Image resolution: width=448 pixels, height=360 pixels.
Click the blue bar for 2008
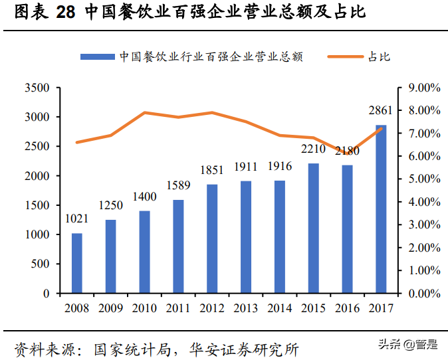click(77, 263)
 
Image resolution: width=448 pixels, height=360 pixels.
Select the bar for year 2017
click(381, 209)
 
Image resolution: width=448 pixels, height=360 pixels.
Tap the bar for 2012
click(212, 238)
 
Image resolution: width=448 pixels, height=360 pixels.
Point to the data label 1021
click(77, 219)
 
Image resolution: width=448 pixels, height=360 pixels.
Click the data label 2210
click(313, 149)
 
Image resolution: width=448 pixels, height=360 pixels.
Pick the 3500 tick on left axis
click(37, 88)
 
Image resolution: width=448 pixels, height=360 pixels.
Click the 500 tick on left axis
click(42, 264)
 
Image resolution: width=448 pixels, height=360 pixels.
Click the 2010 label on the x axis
click(144, 308)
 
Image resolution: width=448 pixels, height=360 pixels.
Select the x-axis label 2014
click(279, 308)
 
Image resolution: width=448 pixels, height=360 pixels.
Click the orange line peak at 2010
click(145, 113)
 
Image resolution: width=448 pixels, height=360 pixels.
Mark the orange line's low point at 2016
click(347, 151)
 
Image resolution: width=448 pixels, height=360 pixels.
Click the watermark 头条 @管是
click(407, 344)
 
